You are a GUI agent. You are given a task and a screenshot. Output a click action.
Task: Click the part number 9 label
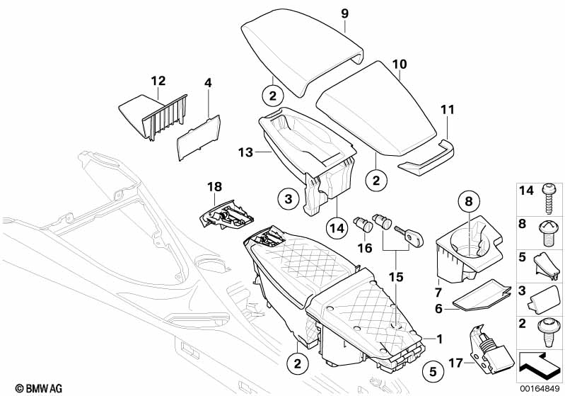[x=344, y=13]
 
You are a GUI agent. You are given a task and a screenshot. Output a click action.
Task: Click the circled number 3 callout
[x=289, y=201]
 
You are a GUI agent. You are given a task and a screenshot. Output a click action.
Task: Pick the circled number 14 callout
[x=337, y=227]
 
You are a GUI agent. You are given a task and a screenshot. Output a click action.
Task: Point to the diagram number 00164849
[x=540, y=388]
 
